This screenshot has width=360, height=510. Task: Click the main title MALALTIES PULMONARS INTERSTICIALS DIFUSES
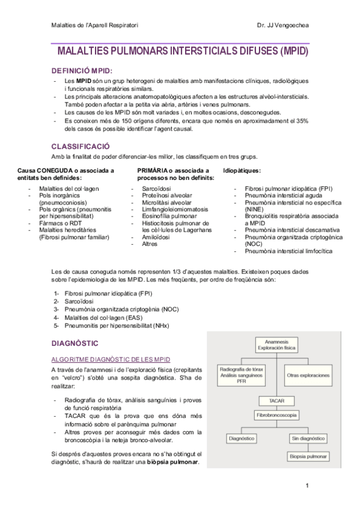pos(180,52)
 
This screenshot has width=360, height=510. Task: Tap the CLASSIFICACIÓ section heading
pos(81,146)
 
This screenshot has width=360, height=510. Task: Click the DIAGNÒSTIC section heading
pos(75,343)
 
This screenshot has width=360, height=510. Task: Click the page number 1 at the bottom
pos(307,485)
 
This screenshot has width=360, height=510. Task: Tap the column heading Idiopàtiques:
pos(242,171)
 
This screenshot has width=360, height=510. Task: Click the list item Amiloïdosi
pos(155,236)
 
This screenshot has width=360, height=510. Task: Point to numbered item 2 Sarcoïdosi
pos(79,301)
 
